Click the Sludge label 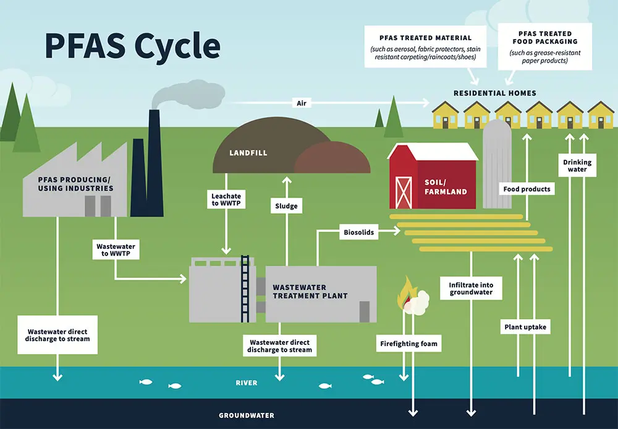tap(286, 206)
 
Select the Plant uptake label tap(523, 327)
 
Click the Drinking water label tap(577, 166)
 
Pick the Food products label tap(527, 189)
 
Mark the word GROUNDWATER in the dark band tap(247, 415)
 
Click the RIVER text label tap(247, 383)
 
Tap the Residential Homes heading tap(495, 93)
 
